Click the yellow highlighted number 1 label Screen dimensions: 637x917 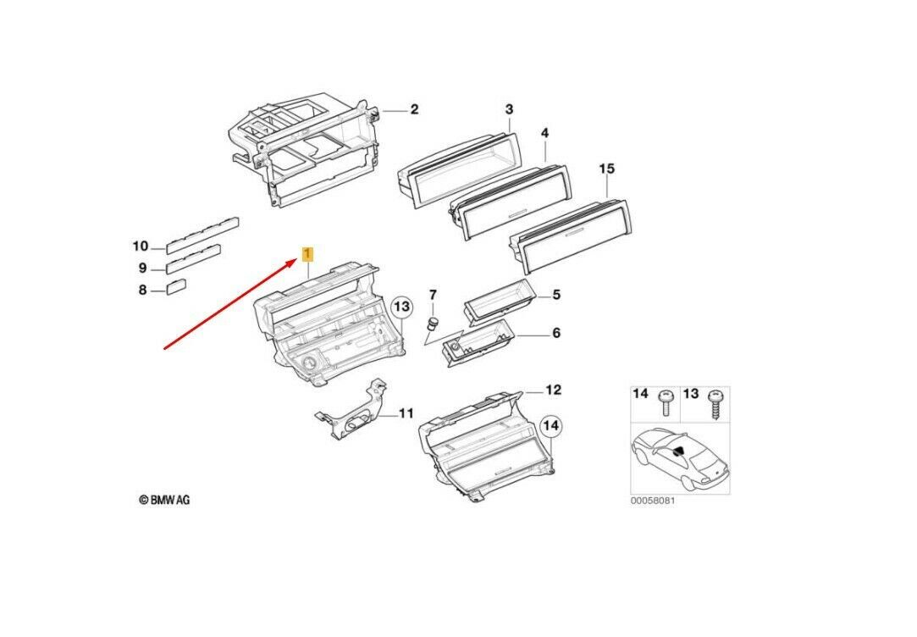pos(308,253)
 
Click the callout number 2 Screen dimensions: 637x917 pos(414,110)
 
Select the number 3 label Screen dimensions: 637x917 pos(509,109)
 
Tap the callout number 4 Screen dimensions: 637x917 pos(544,134)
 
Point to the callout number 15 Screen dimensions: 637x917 pos(606,169)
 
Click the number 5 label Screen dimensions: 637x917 pos(556,295)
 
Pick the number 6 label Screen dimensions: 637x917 pos(556,333)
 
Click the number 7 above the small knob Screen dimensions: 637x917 pos(433,295)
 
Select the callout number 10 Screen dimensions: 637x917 pos(140,246)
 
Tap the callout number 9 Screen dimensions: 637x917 pos(142,269)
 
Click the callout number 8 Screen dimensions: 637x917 pos(142,291)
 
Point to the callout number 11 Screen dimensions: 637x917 pos(406,413)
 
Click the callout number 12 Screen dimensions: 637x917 pos(552,391)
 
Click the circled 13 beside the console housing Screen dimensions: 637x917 pos(400,306)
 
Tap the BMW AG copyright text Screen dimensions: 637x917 pos(164,500)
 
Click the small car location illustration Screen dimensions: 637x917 pos(679,457)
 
